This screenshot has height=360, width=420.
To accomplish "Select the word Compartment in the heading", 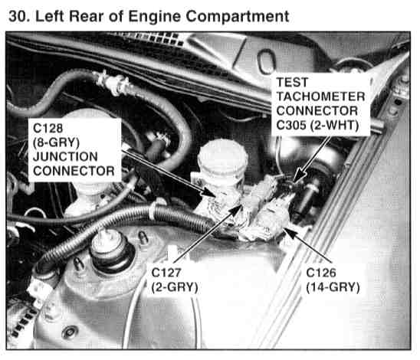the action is click(x=238, y=17).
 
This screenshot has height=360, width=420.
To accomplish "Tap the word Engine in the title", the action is click(x=155, y=17).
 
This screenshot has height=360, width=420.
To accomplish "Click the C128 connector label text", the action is click(x=48, y=128).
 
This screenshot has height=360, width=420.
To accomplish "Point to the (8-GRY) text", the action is click(x=56, y=142).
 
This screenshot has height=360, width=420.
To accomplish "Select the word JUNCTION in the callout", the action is click(x=65, y=157).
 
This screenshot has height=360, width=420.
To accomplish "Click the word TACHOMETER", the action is click(x=320, y=97).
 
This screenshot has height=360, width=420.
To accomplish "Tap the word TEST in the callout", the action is click(x=292, y=82).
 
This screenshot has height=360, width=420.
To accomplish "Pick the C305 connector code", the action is click(x=291, y=125).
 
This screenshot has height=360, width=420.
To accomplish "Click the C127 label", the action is click(x=166, y=273).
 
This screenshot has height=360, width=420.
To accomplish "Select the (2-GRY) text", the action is click(x=175, y=287).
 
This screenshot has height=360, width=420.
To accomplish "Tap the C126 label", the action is click(x=321, y=273).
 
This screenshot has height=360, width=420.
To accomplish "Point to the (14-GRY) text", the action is click(x=333, y=287).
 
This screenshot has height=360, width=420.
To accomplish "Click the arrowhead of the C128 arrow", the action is click(x=211, y=193).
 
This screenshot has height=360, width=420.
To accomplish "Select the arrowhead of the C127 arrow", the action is click(x=237, y=209).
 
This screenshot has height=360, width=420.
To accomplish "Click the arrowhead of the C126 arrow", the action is click(x=290, y=232).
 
